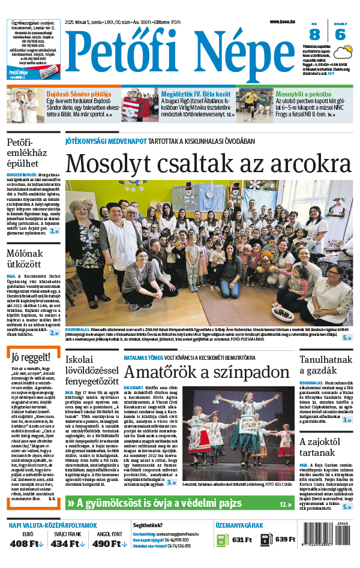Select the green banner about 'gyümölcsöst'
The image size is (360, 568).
click(180, 504)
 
